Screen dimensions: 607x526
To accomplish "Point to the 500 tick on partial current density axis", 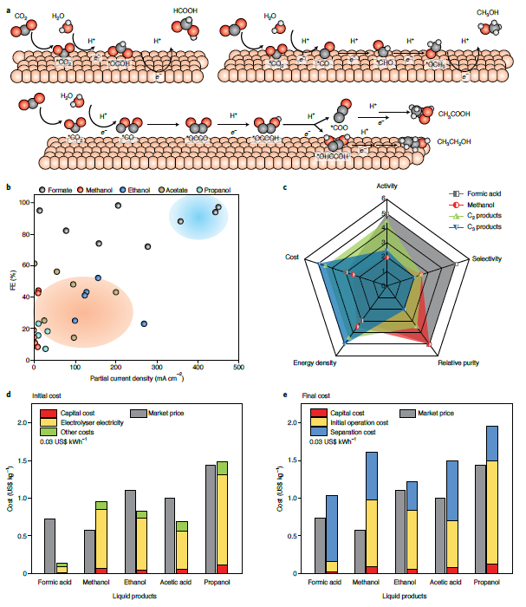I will point(238,368).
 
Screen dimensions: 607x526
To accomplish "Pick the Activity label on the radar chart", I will point(387,186).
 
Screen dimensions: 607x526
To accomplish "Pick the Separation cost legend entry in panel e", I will point(351,431).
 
